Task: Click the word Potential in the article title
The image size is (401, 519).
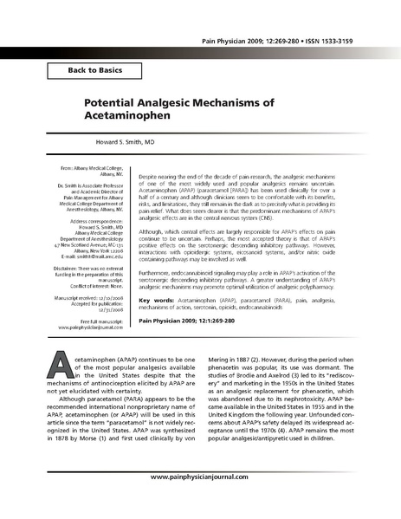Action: click(116, 102)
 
